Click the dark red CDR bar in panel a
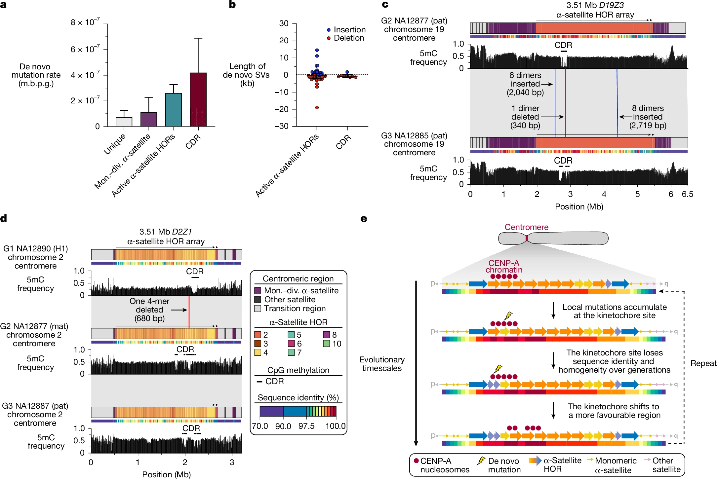click(x=198, y=99)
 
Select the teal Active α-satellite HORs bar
click(x=174, y=110)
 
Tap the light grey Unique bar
click(x=124, y=122)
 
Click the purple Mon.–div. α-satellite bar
click(x=149, y=119)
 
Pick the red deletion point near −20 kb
click(x=317, y=108)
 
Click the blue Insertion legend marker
click(x=329, y=30)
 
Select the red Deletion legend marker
click(x=329, y=38)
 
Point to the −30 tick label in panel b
click(x=282, y=126)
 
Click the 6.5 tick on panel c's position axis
click(x=687, y=194)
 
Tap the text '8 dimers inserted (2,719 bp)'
click(x=648, y=117)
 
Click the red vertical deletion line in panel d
click(x=189, y=312)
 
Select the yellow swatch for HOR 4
click(x=258, y=352)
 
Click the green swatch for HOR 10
click(x=326, y=344)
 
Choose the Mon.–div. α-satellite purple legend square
click(x=258, y=291)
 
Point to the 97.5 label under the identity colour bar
click(x=306, y=426)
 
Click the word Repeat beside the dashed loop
click(x=703, y=363)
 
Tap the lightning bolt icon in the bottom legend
click(x=481, y=461)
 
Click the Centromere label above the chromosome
click(x=527, y=227)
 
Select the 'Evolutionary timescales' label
click(x=382, y=364)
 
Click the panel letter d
click(x=4, y=218)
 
